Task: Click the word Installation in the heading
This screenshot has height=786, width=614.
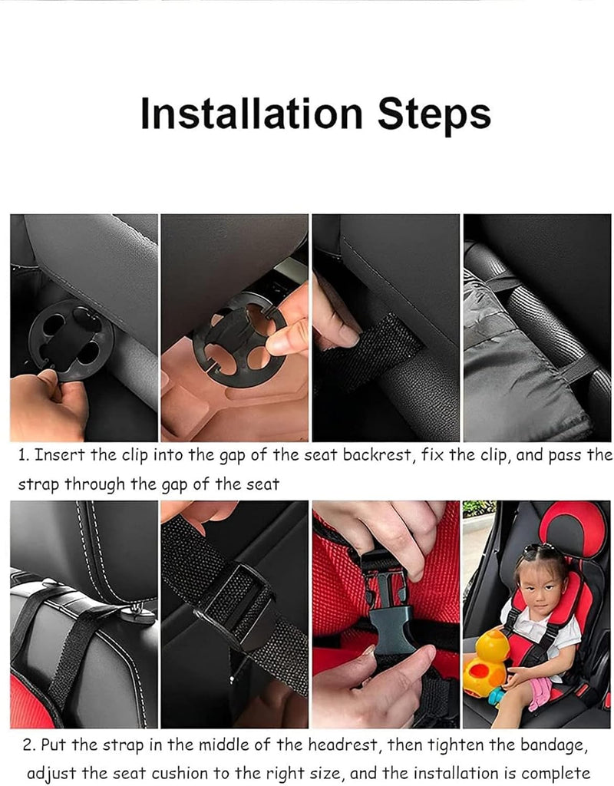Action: click(251, 114)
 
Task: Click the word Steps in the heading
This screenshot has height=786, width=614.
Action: click(434, 115)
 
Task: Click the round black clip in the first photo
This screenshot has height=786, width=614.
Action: click(71, 339)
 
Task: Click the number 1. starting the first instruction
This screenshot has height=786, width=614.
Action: click(24, 455)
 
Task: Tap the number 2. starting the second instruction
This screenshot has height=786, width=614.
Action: click(29, 745)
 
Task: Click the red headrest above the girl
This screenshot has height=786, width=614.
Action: click(573, 530)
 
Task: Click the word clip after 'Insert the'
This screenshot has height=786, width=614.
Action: click(135, 455)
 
